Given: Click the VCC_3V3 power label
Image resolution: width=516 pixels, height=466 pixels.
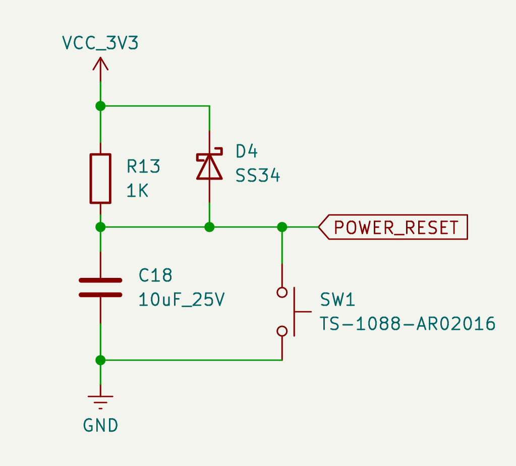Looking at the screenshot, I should tap(100, 43).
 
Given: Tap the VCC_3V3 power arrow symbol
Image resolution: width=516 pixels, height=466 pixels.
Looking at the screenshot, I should tap(100, 66).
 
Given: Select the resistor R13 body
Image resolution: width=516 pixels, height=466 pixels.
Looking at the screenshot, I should tap(100, 179).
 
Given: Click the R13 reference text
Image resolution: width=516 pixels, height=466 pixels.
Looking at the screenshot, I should tap(143, 166).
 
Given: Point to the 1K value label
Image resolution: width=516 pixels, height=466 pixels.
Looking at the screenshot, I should tap(137, 191).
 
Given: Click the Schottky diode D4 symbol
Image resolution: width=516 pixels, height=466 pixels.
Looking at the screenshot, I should tap(209, 165).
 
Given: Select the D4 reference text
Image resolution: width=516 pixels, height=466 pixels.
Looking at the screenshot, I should tap(247, 151).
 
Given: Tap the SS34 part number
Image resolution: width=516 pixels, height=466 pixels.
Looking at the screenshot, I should tap(258, 176).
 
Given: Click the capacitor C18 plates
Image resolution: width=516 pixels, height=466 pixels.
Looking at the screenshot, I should tap(100, 287).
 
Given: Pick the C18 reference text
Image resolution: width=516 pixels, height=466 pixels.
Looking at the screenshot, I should tap(155, 275).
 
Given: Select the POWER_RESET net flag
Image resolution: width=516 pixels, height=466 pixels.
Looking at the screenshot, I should tap(393, 227).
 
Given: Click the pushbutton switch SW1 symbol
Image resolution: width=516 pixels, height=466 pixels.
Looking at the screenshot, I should tap(289, 312).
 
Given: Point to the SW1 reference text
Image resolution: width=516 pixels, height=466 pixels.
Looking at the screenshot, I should tap(337, 300).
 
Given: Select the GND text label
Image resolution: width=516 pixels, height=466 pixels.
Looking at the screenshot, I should tap(100, 426).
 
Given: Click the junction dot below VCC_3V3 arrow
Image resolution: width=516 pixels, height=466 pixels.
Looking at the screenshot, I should tap(100, 106).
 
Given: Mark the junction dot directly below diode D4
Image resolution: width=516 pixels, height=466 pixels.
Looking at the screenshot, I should tap(209, 227).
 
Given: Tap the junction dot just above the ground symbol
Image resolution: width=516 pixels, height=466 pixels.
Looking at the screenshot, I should tap(100, 360).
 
